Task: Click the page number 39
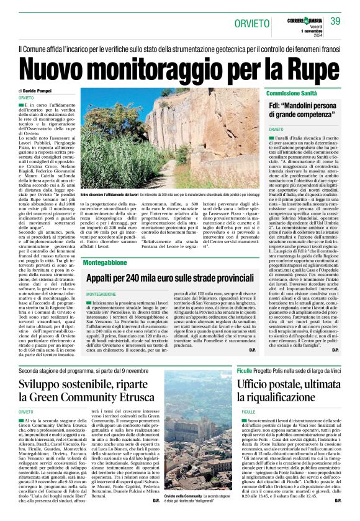pyautogui.click(x=335, y=21)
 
